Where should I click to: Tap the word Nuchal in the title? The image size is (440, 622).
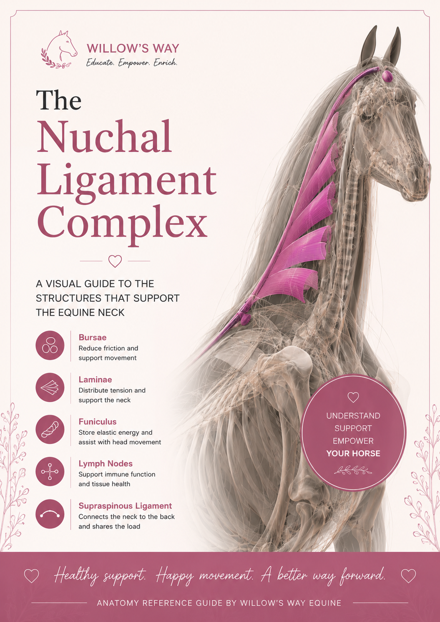104,136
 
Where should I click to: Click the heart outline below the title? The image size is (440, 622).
115,261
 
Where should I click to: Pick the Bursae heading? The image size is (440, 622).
93,337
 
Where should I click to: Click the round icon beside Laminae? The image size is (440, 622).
50,388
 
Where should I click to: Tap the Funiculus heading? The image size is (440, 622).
98,421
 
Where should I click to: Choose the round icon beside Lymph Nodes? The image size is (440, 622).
50,471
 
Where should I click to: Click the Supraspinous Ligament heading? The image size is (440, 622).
125,506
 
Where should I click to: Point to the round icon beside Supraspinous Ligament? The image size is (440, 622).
50,514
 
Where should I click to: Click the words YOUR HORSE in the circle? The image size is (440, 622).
353,453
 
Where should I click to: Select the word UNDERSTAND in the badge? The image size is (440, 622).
353,416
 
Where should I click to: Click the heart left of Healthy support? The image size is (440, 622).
31,576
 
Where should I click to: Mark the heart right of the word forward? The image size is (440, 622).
408,576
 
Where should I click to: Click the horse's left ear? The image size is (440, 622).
393,46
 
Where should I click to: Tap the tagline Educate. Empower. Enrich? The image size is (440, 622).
132,63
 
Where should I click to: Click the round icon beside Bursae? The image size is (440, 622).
50,345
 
